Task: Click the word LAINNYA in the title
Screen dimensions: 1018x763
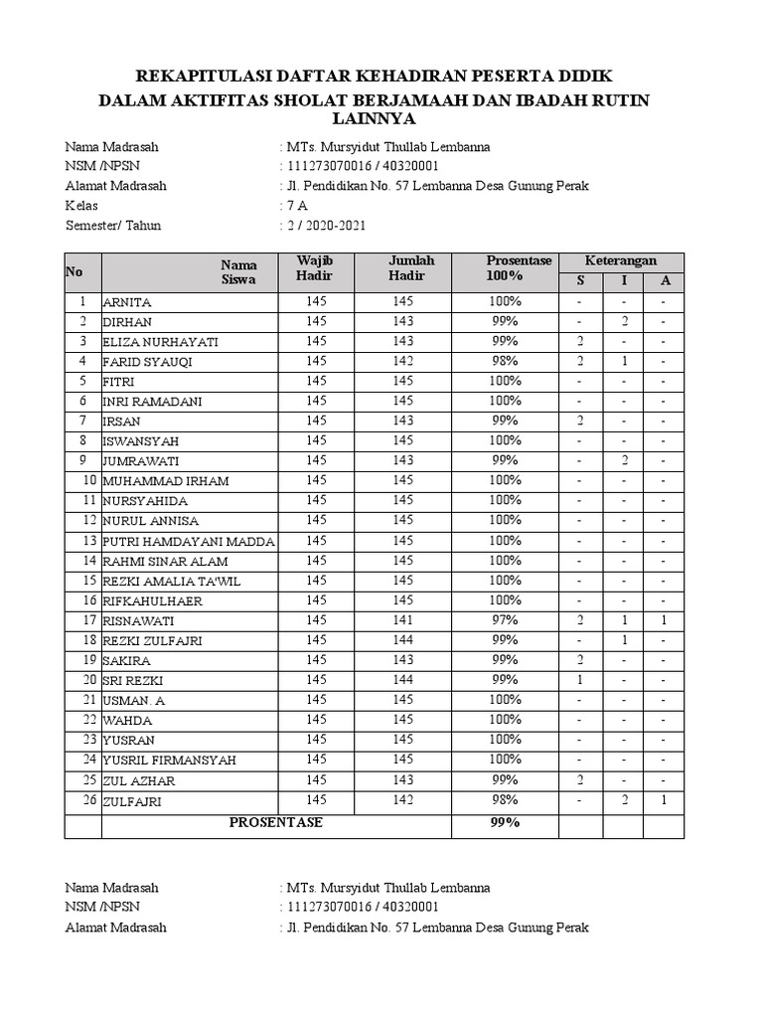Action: (381, 118)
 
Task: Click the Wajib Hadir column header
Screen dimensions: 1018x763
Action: (315, 267)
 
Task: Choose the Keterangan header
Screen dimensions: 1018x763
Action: (621, 259)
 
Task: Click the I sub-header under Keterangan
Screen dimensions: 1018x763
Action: (624, 280)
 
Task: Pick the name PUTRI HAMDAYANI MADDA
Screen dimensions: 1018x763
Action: (189, 541)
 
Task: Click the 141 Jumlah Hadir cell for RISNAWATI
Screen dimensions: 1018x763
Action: (402, 620)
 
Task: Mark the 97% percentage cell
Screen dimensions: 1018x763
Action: (504, 620)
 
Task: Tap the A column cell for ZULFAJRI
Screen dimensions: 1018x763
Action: (665, 800)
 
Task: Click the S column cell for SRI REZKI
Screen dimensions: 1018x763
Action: (579, 680)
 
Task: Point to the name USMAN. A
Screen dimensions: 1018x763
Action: (135, 701)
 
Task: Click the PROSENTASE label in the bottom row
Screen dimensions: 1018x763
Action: (276, 823)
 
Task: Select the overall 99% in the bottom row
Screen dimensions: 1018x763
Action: (504, 823)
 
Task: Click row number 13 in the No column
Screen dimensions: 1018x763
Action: (88, 541)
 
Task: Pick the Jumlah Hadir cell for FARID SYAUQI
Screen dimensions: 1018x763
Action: (402, 361)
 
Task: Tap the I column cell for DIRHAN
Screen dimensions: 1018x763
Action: (624, 321)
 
